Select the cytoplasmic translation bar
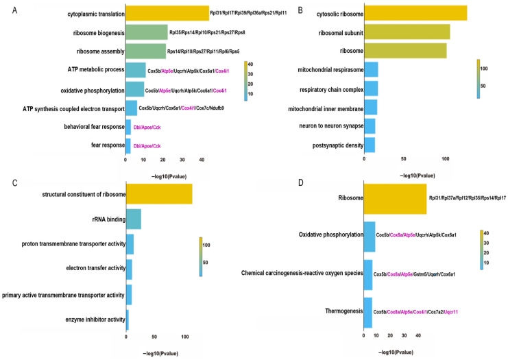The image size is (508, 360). pyautogui.click(x=167, y=13)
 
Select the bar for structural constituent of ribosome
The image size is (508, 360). pyautogui.click(x=159, y=194)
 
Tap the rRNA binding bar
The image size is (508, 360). pyautogui.click(x=134, y=219)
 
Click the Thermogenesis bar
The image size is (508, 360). pyautogui.click(x=367, y=312)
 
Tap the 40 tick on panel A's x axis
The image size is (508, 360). pyautogui.click(x=202, y=159)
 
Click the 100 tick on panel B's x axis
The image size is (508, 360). pyautogui.click(x=446, y=159)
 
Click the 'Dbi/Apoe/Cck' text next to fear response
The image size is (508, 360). pyautogui.click(x=147, y=145)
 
